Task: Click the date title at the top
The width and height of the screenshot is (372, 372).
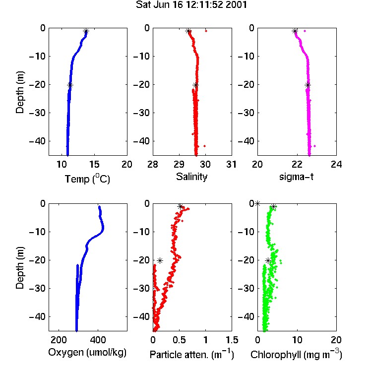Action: click(191, 5)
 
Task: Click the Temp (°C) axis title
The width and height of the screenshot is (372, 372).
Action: click(87, 179)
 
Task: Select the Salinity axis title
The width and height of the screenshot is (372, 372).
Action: click(191, 177)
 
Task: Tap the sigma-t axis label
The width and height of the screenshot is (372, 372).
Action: click(296, 177)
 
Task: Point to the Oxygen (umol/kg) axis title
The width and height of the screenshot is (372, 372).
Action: click(87, 352)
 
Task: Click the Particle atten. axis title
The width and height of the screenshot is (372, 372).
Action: click(191, 354)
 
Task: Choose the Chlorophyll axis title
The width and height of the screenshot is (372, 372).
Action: click(296, 354)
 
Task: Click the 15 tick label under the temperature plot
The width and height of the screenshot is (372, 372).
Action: click(94, 164)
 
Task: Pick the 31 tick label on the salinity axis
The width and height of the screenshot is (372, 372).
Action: click(231, 164)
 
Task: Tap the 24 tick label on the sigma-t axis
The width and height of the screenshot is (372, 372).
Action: click(336, 164)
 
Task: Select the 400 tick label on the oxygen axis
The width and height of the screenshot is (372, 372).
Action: click(98, 340)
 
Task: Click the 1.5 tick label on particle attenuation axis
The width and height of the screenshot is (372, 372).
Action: click(232, 340)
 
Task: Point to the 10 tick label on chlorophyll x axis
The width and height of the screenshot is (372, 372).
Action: click(297, 340)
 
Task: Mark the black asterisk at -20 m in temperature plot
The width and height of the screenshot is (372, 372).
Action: click(70, 85)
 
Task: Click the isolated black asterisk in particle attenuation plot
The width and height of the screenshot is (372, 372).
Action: click(160, 261)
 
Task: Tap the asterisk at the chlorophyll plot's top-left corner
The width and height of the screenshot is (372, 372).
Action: click(257, 203)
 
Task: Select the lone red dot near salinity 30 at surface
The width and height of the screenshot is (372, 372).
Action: click(206, 31)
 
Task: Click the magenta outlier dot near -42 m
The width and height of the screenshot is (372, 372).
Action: click(315, 146)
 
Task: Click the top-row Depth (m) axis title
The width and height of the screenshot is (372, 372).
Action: click(20, 92)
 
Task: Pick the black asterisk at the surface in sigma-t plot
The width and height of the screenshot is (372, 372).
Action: click(295, 31)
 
